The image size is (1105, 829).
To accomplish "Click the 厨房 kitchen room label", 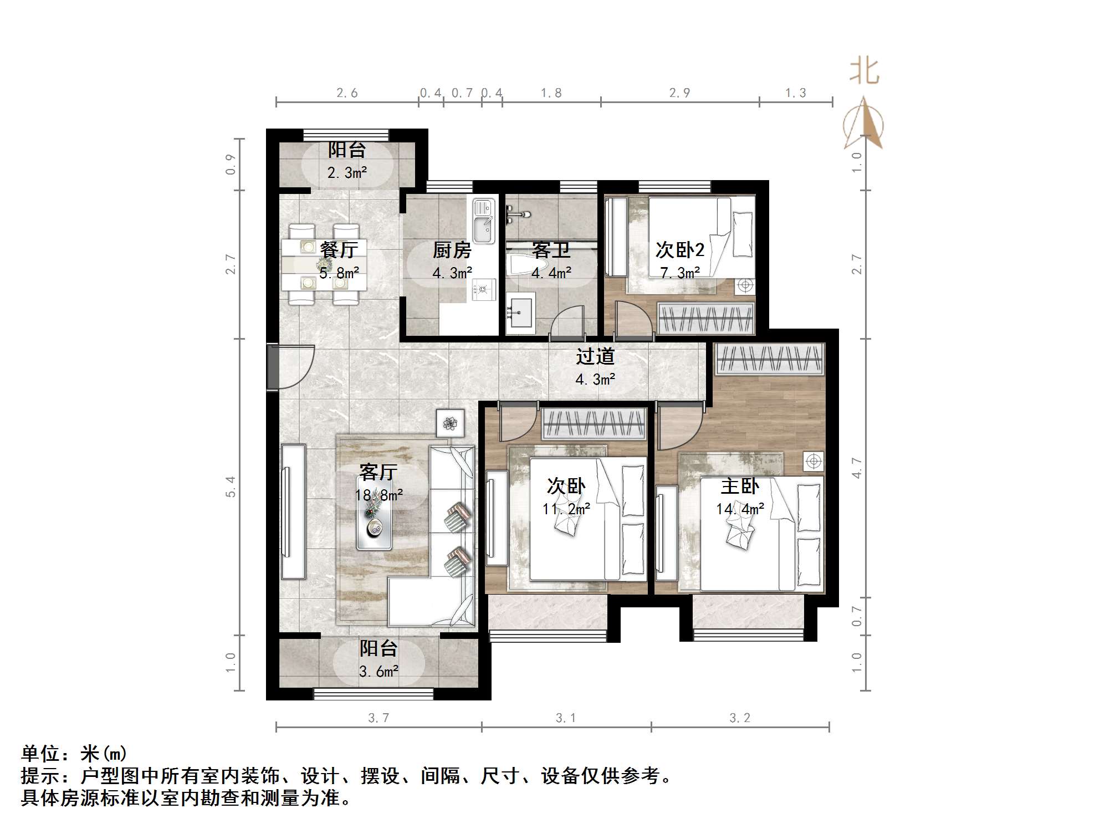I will pyautogui.click(x=452, y=250).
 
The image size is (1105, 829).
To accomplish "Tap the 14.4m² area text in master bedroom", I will pyautogui.click(x=740, y=509).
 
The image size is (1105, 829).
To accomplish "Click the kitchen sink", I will pyautogui.click(x=483, y=222).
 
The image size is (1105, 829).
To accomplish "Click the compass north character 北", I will pyautogui.click(x=864, y=72).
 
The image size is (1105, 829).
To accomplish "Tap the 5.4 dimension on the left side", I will pyautogui.click(x=231, y=487).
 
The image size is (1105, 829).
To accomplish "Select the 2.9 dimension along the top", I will pyautogui.click(x=679, y=93).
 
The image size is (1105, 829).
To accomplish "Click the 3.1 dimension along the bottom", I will pyautogui.click(x=566, y=718).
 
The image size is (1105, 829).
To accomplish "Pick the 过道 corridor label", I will pyautogui.click(x=595, y=356).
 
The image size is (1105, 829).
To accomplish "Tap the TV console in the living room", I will pyautogui.click(x=293, y=511).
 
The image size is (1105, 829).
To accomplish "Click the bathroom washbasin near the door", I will pyautogui.click(x=520, y=313).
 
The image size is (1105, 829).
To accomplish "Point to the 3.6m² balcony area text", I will pyautogui.click(x=378, y=672).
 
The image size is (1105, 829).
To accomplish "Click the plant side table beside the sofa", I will pyautogui.click(x=450, y=423).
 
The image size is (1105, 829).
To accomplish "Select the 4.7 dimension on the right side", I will pyautogui.click(x=857, y=468).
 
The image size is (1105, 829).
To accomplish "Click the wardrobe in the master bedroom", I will pyautogui.click(x=769, y=359).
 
